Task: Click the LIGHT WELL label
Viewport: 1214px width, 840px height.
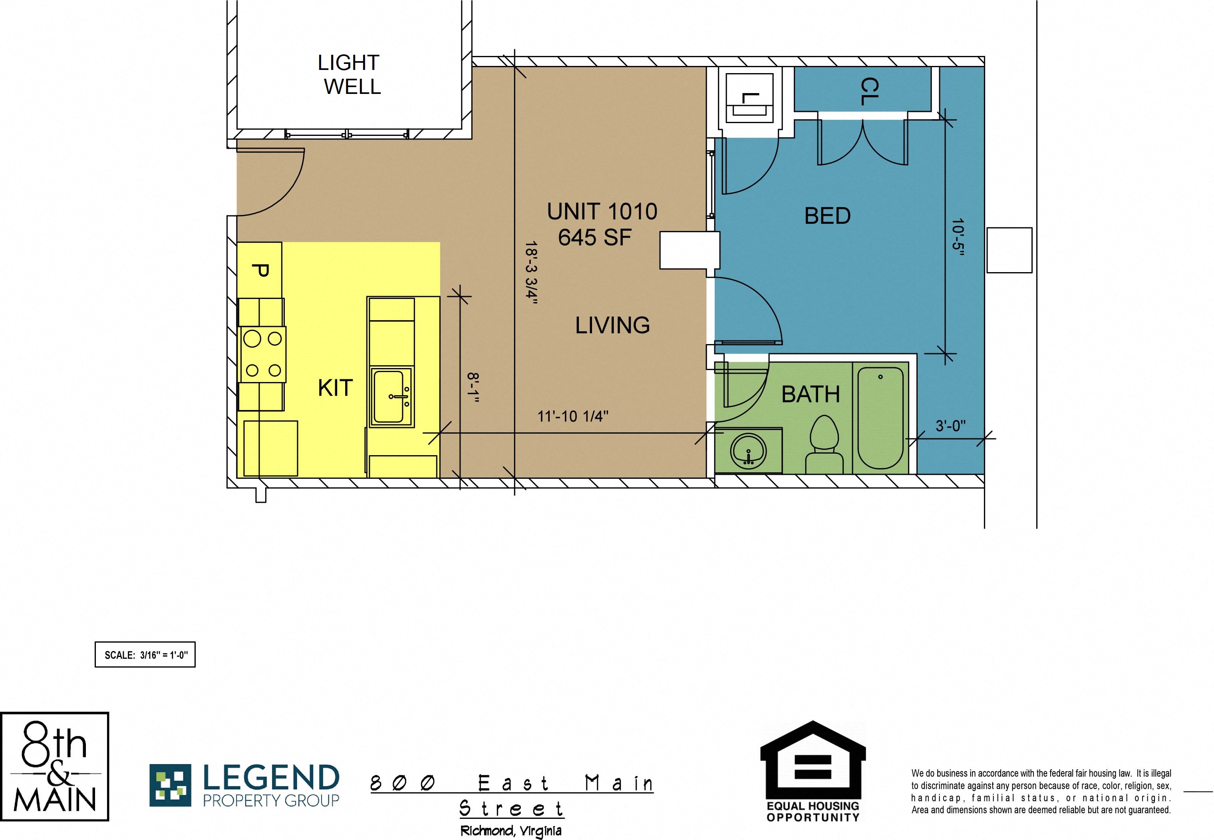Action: point(349,74)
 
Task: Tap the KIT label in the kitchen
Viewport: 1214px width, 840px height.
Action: point(335,388)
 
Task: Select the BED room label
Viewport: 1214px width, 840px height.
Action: point(827,216)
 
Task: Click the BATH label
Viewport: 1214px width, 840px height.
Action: point(811,394)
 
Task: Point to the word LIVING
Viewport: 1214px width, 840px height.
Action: point(612,325)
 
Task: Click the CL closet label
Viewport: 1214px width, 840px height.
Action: point(869,92)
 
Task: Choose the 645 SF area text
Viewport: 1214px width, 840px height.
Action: point(594,237)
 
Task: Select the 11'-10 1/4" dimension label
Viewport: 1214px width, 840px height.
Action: point(573,416)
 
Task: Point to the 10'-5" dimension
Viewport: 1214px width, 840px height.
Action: point(958,237)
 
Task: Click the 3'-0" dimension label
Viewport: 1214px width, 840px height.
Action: point(950,425)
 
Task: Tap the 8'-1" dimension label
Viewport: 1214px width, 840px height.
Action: point(473,388)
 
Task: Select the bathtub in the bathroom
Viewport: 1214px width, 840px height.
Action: point(880,418)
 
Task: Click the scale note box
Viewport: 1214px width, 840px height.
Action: point(145,655)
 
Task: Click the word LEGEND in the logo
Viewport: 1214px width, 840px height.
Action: point(271,777)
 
